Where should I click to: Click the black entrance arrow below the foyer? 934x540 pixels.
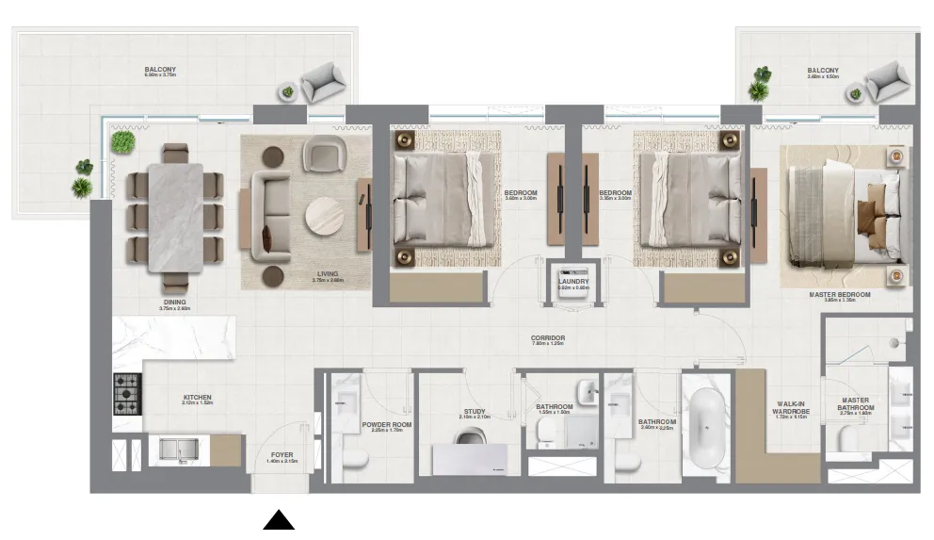279,520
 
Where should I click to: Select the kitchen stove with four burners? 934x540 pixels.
126,394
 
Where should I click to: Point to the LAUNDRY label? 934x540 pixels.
572,281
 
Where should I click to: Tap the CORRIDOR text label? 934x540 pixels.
548,338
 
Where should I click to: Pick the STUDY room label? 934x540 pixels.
474,412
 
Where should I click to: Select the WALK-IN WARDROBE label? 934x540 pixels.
784,407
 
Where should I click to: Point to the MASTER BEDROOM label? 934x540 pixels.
839,294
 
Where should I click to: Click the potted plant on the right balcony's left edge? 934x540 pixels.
759,84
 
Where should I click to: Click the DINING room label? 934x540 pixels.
174,303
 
